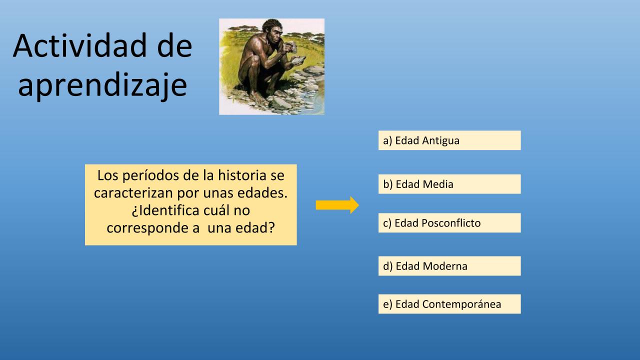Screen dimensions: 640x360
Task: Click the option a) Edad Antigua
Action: point(449,140)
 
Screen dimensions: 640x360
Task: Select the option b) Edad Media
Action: point(449,184)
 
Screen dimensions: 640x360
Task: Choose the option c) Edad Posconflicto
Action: point(449,223)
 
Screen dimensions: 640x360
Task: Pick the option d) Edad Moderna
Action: point(449,266)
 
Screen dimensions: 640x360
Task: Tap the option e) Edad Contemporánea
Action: point(449,304)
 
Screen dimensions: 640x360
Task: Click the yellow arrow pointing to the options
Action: point(337,205)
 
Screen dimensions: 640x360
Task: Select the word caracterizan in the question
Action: point(133,193)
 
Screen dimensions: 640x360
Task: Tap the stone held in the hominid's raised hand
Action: point(291,47)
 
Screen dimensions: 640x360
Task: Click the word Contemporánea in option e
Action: point(461,304)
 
